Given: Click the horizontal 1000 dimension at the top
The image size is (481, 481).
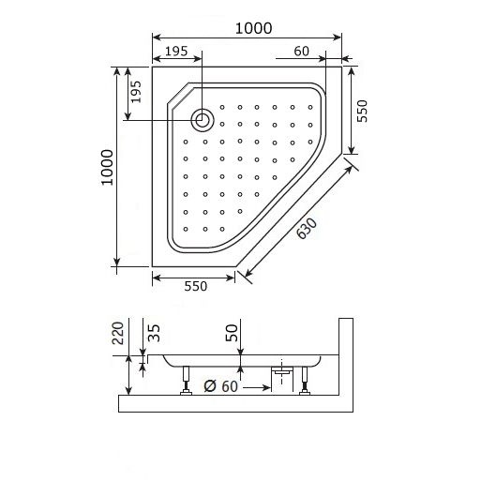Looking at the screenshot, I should pyautogui.click(x=254, y=28).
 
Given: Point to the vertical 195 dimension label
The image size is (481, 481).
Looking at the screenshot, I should pyautogui.click(x=135, y=92).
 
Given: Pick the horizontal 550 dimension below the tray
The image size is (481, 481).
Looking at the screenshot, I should pyautogui.click(x=194, y=287).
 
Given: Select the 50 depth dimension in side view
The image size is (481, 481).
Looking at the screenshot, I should pyautogui.click(x=233, y=333).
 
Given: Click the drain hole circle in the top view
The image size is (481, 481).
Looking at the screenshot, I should pyautogui.click(x=202, y=119).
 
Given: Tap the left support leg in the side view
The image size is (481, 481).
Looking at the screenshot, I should pyautogui.click(x=188, y=383).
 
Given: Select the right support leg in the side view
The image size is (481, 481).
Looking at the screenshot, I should pyautogui.click(x=304, y=382).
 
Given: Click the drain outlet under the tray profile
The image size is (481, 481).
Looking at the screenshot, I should pyautogui.click(x=278, y=372).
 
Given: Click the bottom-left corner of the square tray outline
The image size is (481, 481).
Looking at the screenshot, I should pyautogui.click(x=153, y=266).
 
